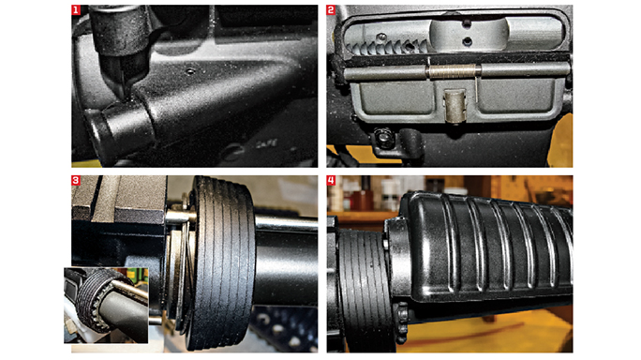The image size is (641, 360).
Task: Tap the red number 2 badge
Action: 332,12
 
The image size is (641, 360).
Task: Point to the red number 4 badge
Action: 332,182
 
